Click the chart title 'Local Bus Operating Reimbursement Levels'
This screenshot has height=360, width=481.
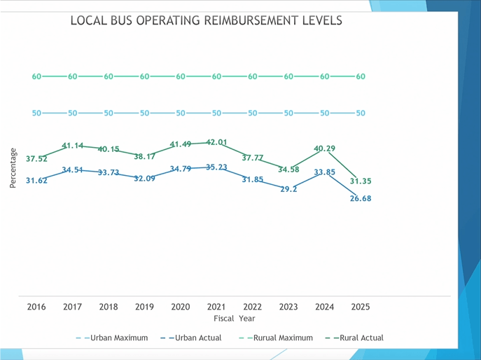pyautogui.click(x=207, y=20)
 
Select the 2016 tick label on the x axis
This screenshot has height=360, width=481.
pyautogui.click(x=36, y=307)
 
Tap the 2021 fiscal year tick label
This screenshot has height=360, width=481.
pyautogui.click(x=216, y=307)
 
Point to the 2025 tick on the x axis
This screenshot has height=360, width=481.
pyautogui.click(x=360, y=307)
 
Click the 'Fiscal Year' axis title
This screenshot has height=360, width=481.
pyautogui.click(x=235, y=318)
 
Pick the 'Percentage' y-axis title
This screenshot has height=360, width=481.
pyautogui.click(x=13, y=167)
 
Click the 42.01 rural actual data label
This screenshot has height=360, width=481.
pyautogui.click(x=216, y=142)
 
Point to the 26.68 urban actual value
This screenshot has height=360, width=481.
pyautogui.click(x=360, y=198)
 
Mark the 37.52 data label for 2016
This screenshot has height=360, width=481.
pyautogui.click(x=36, y=159)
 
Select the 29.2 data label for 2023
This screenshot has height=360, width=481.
pyautogui.click(x=288, y=189)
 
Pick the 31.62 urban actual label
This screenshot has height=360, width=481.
pyautogui.click(x=36, y=181)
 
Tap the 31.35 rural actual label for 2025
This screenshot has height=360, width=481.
pyautogui.click(x=360, y=181)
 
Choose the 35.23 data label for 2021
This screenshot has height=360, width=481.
pyautogui.click(x=216, y=167)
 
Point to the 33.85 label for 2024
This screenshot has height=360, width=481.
pyautogui.click(x=324, y=172)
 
